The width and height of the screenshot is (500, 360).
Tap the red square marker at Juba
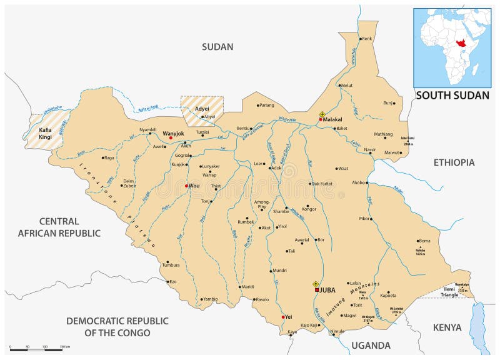(317, 290)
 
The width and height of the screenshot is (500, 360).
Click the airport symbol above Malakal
(322, 114)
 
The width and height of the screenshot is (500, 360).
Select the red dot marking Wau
(186, 186)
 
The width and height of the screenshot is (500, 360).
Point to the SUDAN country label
(217, 46)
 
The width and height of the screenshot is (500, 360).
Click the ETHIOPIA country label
(454, 162)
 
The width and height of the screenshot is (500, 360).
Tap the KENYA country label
(447, 327)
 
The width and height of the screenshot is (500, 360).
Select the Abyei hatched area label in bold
(202, 109)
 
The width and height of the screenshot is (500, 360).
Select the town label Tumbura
(171, 265)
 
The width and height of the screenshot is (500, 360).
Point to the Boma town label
(425, 241)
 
